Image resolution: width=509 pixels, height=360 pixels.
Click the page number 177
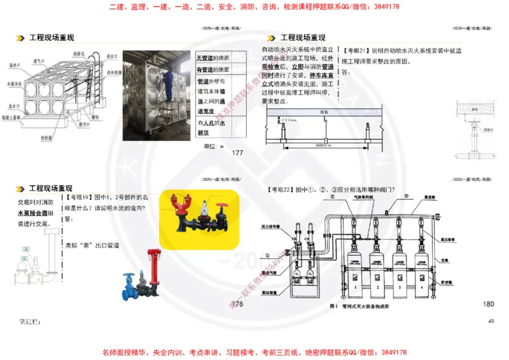click(238, 153)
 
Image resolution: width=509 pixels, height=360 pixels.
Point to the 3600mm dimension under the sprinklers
click(325, 145)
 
